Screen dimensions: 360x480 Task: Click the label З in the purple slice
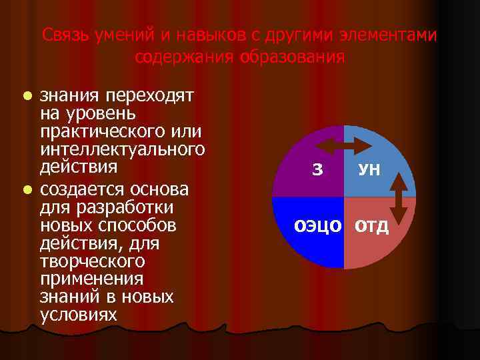pos(317,170)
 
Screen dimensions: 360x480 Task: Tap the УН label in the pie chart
pos(369,170)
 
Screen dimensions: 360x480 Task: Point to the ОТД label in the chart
pos(372,226)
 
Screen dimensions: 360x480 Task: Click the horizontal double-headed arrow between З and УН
pos(344,145)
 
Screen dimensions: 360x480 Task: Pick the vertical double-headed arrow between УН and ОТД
pos(398,197)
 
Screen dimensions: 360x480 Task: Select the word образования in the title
pos(287,57)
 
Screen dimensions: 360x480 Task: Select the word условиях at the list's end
pos(78,313)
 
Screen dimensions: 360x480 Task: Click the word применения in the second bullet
pos(91,278)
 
